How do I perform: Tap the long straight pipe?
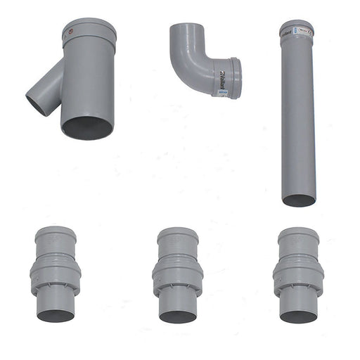pyautogui.click(x=297, y=120)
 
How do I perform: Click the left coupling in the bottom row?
pyautogui.click(x=55, y=274)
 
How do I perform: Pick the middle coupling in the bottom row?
pyautogui.click(x=177, y=274)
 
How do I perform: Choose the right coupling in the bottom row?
pyautogui.click(x=298, y=274)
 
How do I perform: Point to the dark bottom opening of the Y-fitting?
pyautogui.click(x=87, y=127)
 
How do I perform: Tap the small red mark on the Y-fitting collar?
pyautogui.click(x=68, y=31)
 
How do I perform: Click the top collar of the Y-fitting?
pyautogui.click(x=89, y=32)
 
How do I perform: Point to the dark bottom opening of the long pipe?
pyautogui.click(x=299, y=200)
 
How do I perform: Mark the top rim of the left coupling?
pyautogui.click(x=56, y=230)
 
